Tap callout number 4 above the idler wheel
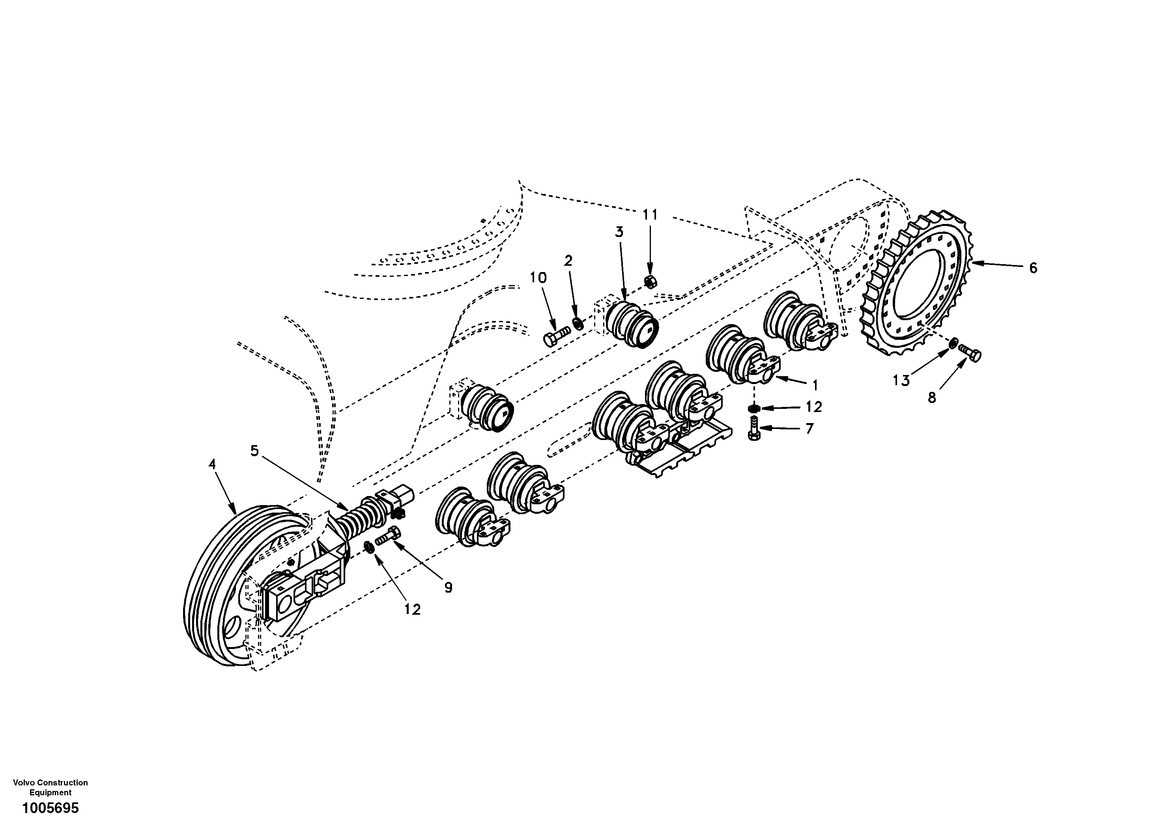pos(212,464)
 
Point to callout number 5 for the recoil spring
pos(254,450)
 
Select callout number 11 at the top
pos(649,214)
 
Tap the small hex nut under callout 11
pos(650,281)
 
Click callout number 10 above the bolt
pos(538,278)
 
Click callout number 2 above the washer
pos(568,261)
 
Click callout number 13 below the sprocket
pos(901,380)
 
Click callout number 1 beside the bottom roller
pos(815,384)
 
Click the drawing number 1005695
pos(50,808)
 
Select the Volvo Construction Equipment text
pos(50,787)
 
